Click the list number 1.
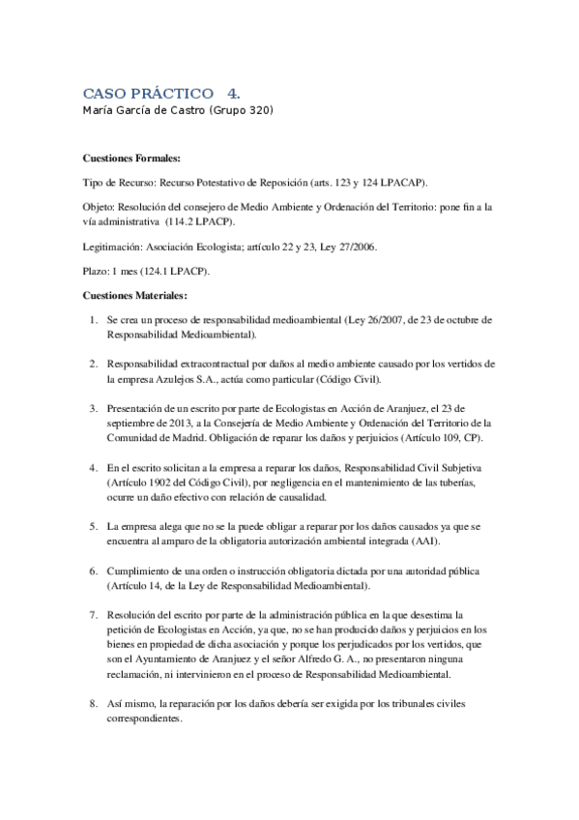tap(92, 319)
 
